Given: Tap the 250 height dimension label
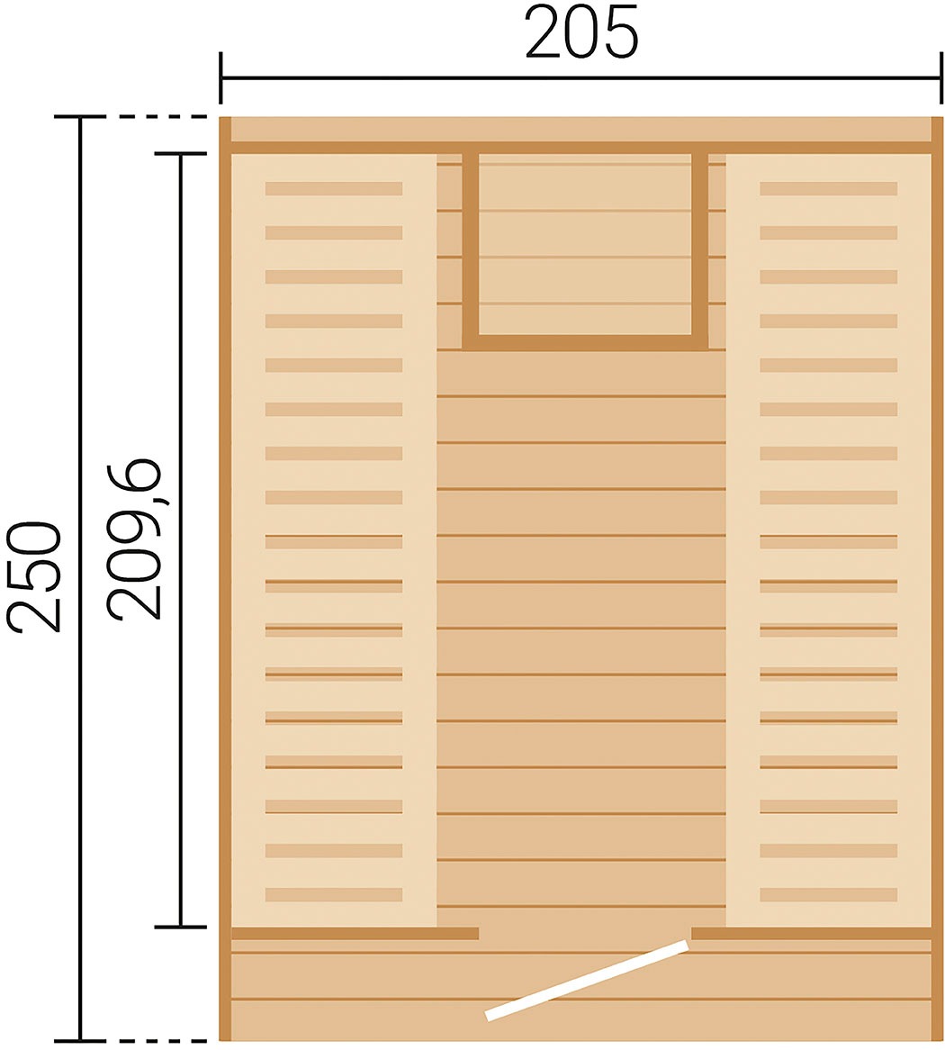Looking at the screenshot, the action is [34, 576].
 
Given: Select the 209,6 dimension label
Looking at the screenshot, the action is [134, 539].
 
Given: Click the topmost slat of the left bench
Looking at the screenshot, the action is [333, 188].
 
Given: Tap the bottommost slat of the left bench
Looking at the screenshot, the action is [333, 894].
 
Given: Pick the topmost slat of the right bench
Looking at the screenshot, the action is [828, 188].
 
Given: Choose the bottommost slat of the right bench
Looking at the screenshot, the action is [828, 894].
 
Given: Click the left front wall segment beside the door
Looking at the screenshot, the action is [355, 933].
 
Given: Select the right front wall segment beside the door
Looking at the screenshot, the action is [811, 933].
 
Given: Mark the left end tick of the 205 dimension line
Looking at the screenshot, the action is [220, 79].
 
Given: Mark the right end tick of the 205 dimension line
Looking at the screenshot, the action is [941, 79].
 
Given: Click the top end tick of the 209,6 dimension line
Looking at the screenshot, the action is [180, 154].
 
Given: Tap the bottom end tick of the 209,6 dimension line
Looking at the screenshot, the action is [180, 927].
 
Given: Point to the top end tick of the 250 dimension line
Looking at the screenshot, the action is [80, 118].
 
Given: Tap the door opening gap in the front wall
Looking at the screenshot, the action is [585, 933].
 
